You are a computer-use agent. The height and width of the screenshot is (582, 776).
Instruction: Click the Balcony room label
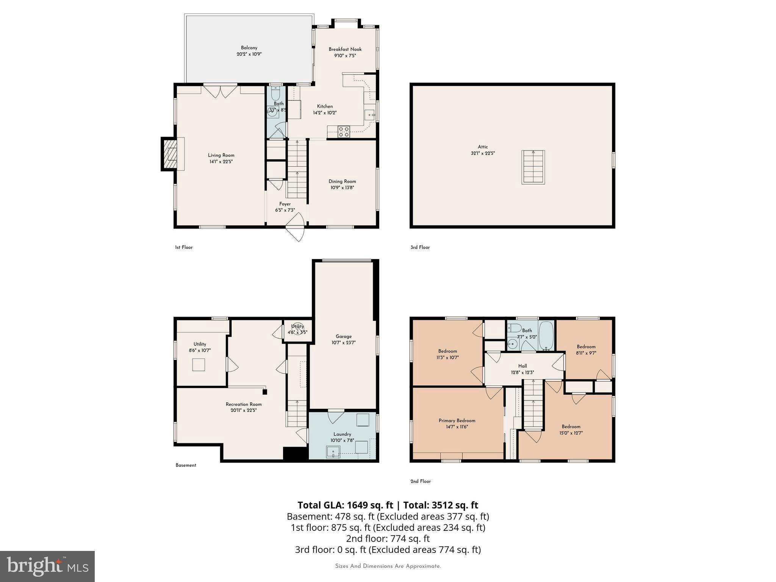click(249, 48)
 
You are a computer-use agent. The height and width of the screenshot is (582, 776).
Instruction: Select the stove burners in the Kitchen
click(344, 132)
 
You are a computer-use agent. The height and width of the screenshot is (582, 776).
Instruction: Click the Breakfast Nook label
click(345, 49)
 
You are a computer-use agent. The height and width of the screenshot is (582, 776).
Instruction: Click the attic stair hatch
click(533, 167)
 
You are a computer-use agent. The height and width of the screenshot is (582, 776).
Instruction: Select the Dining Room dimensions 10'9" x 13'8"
click(342, 188)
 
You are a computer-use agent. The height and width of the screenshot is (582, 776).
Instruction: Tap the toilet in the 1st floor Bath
click(275, 93)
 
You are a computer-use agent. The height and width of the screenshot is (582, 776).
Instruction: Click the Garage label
click(343, 336)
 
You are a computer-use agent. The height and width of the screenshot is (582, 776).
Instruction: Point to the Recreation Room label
click(244, 404)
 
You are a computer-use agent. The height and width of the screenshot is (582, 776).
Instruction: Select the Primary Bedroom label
click(457, 421)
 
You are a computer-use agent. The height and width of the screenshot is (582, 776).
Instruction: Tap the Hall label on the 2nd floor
click(523, 366)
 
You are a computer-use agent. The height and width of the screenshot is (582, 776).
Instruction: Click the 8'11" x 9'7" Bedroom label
click(586, 347)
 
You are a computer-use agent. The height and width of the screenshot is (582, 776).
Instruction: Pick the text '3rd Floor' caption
click(420, 247)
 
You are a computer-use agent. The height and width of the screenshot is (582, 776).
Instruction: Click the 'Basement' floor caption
click(186, 465)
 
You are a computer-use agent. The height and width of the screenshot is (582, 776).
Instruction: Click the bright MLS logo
click(47, 566)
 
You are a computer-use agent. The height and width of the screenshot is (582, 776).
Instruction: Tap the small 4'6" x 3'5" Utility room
click(297, 330)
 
